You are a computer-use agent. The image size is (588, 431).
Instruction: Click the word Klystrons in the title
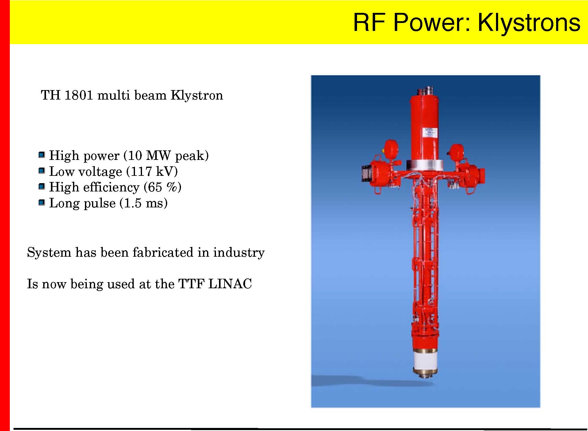coord(529,23)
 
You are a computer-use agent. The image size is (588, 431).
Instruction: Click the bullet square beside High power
coord(42,155)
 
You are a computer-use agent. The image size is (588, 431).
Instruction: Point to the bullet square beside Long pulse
coord(42,202)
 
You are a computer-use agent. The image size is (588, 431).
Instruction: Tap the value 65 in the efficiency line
coord(156,187)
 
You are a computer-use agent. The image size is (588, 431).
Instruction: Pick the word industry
coord(239,253)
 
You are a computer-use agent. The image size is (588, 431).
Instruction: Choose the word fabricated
coord(163,252)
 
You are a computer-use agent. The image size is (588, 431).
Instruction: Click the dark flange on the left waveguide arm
coord(366,175)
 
